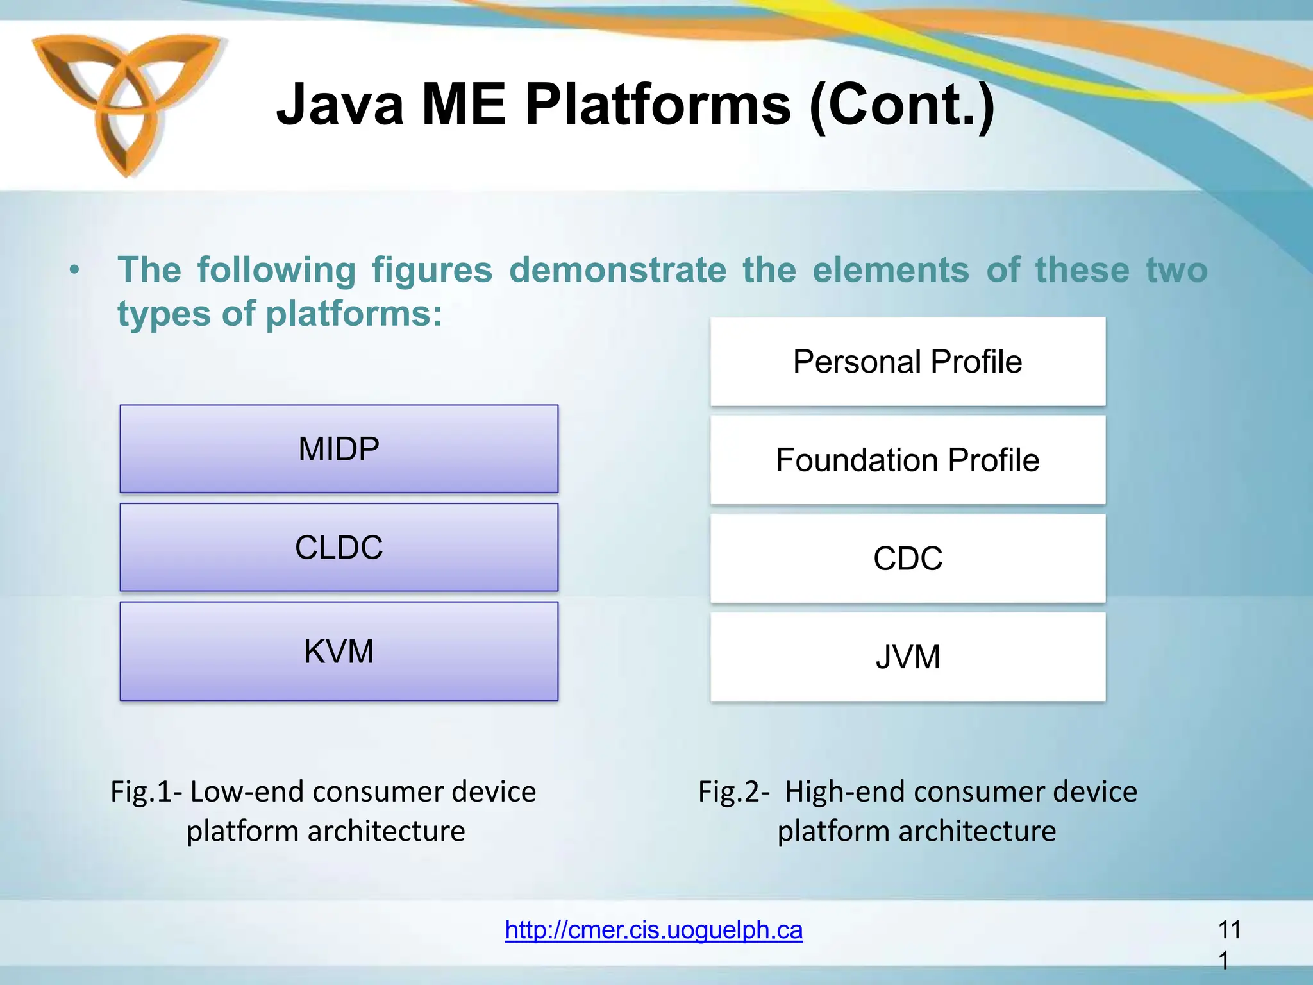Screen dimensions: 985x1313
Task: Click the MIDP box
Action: pos(339,449)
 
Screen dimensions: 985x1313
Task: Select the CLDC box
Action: pos(339,547)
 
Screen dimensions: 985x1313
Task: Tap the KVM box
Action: pos(339,651)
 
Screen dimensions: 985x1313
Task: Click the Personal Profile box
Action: pos(907,361)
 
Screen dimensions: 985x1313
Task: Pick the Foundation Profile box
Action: pos(907,460)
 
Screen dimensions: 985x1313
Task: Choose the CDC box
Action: pos(907,558)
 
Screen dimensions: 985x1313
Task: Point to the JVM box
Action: pos(907,657)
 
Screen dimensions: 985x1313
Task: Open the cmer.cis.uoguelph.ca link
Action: pos(653,930)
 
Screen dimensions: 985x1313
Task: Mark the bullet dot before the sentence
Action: pos(75,271)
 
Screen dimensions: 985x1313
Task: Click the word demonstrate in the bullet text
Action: pos(617,269)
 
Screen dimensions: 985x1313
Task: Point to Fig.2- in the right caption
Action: pos(733,791)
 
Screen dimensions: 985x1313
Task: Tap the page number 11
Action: pos(1229,930)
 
